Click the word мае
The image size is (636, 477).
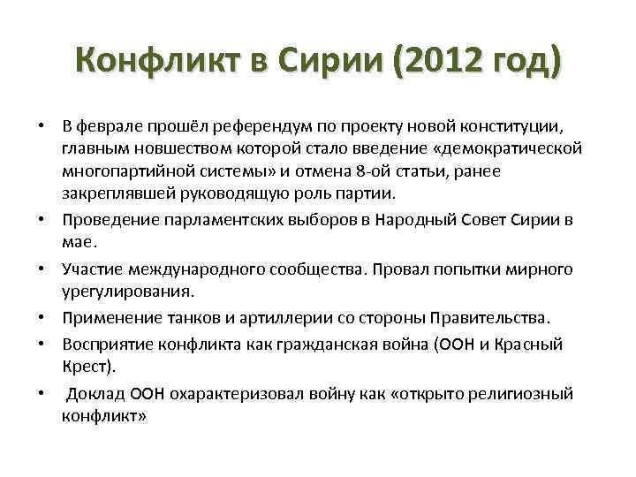[77, 239]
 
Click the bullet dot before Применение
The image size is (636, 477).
[43, 318]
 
